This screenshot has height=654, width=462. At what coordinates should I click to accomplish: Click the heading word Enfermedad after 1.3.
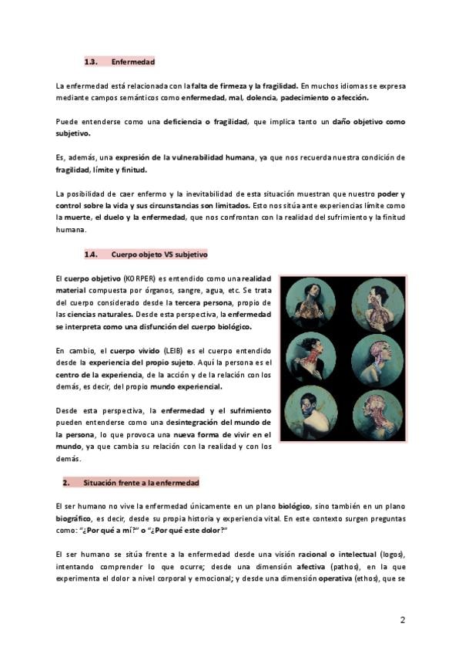(133, 62)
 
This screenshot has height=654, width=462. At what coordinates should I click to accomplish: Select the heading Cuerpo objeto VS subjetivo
(159, 254)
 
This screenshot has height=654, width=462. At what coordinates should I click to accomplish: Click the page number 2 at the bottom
(403, 620)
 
